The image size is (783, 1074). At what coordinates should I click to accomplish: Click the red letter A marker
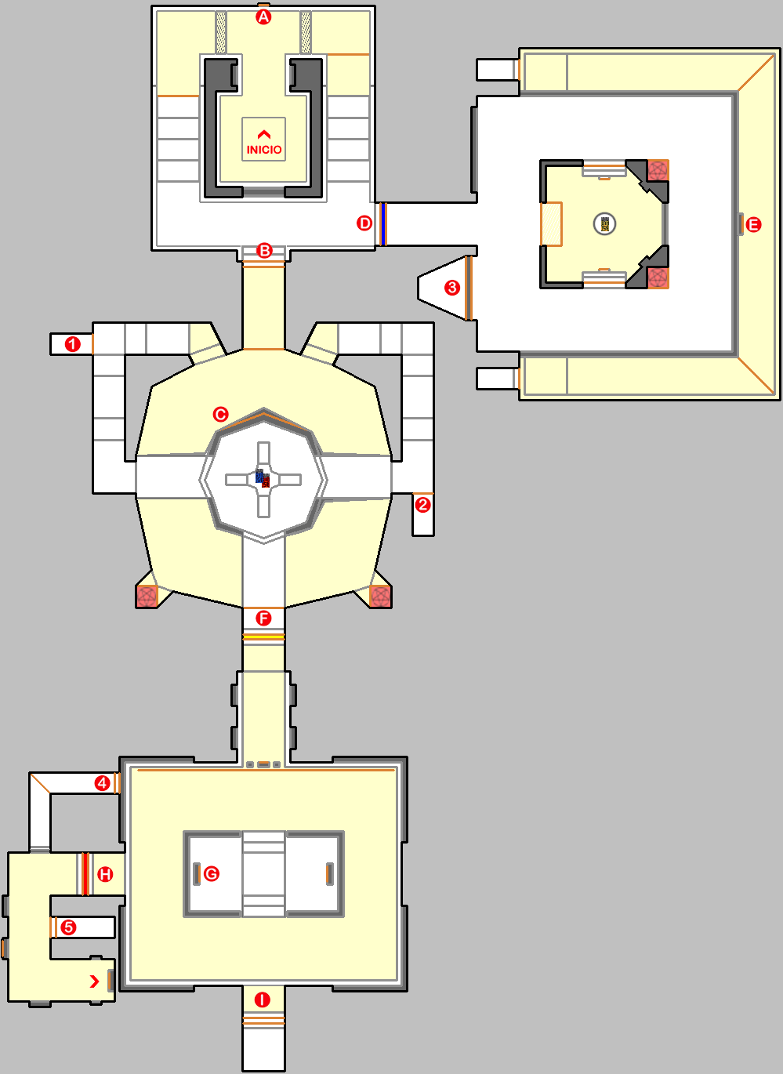[x=263, y=16]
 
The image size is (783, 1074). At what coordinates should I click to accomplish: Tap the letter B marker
[x=264, y=251]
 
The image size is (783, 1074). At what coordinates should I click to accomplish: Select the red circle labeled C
[x=221, y=414]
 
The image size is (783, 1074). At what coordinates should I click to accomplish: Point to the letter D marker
[x=364, y=223]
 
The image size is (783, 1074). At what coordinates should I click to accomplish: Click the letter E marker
[x=753, y=225]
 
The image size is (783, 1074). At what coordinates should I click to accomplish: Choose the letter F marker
[x=263, y=619]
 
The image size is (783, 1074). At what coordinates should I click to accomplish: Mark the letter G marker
[x=211, y=873]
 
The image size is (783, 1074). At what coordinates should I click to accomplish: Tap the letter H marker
[x=105, y=874]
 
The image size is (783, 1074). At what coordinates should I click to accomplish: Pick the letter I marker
[x=263, y=1000]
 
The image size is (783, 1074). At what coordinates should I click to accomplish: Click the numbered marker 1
[x=73, y=344]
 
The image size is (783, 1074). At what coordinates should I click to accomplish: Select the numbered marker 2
[x=423, y=505]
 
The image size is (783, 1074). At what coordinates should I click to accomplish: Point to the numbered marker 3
[x=452, y=288]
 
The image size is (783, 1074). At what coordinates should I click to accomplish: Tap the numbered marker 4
[x=102, y=783]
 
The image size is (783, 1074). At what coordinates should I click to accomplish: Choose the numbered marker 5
[x=69, y=927]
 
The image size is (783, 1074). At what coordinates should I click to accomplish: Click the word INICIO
[x=264, y=150]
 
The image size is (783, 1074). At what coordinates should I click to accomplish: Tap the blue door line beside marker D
[x=383, y=223]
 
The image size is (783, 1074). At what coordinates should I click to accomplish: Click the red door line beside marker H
[x=85, y=874]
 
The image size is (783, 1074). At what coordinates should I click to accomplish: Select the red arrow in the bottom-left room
[x=95, y=981]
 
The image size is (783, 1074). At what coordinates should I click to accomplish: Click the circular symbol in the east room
[x=604, y=224]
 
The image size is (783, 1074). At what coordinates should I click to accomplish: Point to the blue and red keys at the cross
[x=263, y=478]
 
